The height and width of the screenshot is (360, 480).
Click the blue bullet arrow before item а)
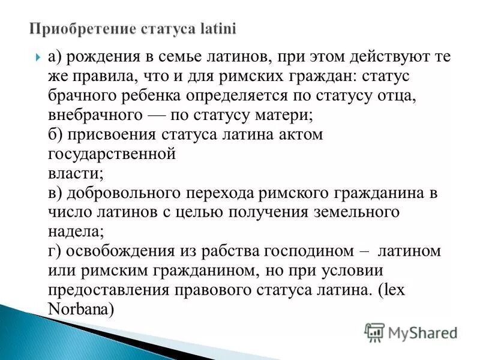tap(37, 58)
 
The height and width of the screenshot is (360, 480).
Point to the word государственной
tap(111, 154)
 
